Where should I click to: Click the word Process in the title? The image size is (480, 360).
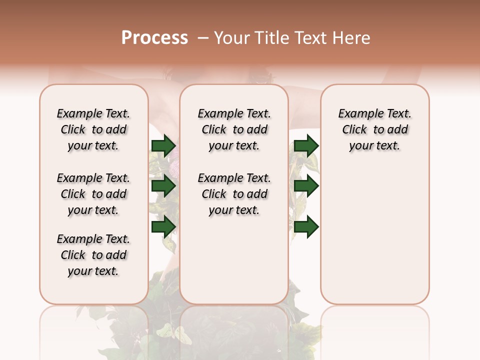tap(154, 38)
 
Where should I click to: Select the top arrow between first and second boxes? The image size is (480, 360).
tap(163, 146)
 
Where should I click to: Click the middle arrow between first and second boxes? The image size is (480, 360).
tap(163, 186)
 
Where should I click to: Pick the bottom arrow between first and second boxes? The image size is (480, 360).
tap(163, 227)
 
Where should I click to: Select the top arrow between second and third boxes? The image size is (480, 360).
tap(306, 146)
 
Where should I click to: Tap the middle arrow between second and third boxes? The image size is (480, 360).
tap(306, 186)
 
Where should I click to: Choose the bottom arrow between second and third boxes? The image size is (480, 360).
tap(306, 227)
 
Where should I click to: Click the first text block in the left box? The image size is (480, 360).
tap(93, 129)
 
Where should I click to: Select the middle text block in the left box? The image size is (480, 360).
tap(93, 194)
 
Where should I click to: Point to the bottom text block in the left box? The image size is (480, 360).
tap(93, 255)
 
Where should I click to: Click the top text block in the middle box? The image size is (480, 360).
tap(234, 129)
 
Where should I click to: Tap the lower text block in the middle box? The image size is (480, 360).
tap(234, 194)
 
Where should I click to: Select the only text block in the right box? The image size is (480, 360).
tap(375, 129)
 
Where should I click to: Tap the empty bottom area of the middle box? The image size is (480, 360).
tap(234, 260)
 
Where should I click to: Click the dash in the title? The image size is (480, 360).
tap(202, 38)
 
